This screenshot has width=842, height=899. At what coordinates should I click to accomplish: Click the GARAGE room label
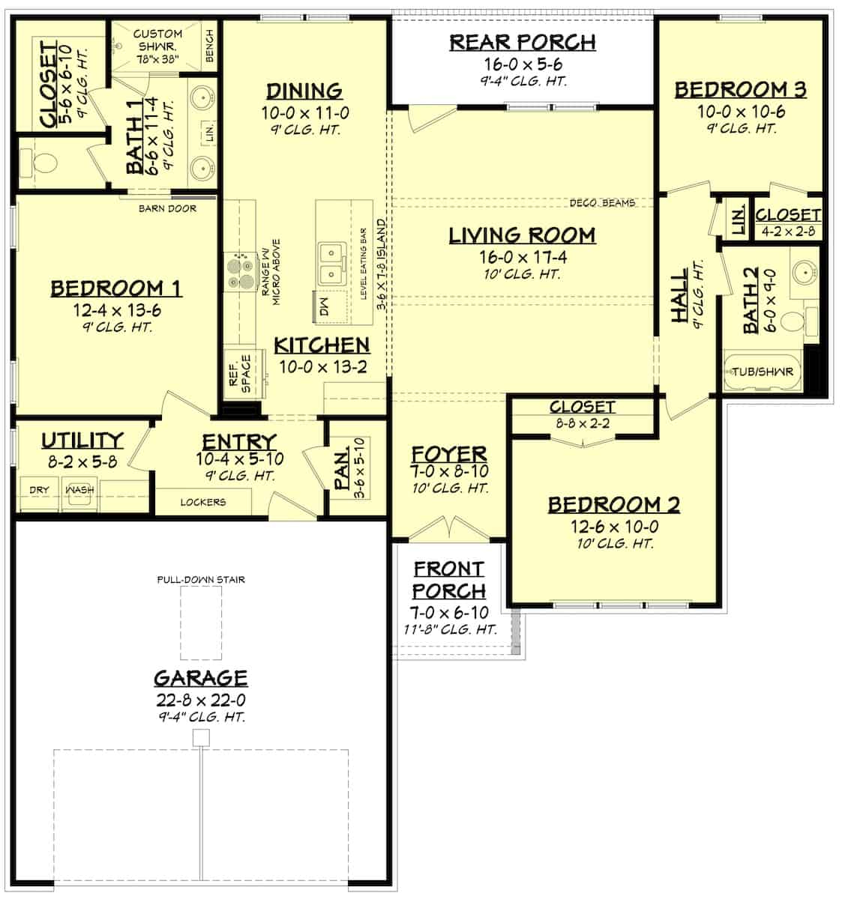click(200, 678)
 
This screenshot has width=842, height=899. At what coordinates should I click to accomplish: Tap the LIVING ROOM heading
click(522, 235)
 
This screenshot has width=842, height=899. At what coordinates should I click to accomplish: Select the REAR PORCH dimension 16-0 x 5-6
click(523, 65)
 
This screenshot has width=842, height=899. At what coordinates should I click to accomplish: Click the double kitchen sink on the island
click(331, 264)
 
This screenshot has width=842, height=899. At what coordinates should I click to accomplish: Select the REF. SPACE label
click(239, 372)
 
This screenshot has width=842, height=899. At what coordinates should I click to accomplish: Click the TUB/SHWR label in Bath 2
click(763, 372)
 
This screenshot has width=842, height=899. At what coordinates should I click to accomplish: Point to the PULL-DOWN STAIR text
click(201, 579)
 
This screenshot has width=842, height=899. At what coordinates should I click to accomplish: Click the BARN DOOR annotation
click(167, 208)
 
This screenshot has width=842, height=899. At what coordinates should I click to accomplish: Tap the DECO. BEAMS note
click(602, 203)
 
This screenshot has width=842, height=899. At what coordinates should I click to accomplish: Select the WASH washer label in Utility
click(80, 490)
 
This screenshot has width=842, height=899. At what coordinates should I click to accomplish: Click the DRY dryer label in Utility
click(39, 490)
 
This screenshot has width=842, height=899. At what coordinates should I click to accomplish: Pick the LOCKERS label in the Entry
click(202, 502)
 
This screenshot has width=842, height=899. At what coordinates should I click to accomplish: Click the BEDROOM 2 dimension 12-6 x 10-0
click(613, 527)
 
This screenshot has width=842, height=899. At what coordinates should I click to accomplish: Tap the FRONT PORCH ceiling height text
click(448, 629)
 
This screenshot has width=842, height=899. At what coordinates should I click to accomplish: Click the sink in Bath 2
click(805, 273)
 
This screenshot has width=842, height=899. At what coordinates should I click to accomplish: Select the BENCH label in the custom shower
click(209, 46)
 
